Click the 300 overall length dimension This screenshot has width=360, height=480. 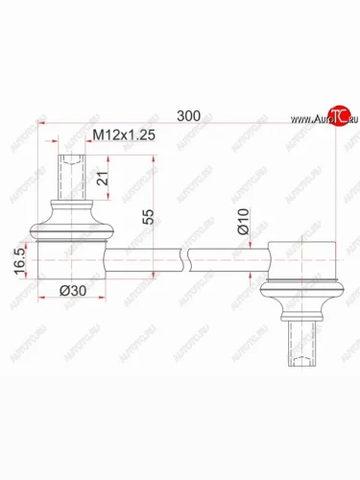189,115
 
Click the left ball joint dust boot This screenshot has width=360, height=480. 72,221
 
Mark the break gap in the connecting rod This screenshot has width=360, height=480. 185,258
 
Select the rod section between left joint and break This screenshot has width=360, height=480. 144,258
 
